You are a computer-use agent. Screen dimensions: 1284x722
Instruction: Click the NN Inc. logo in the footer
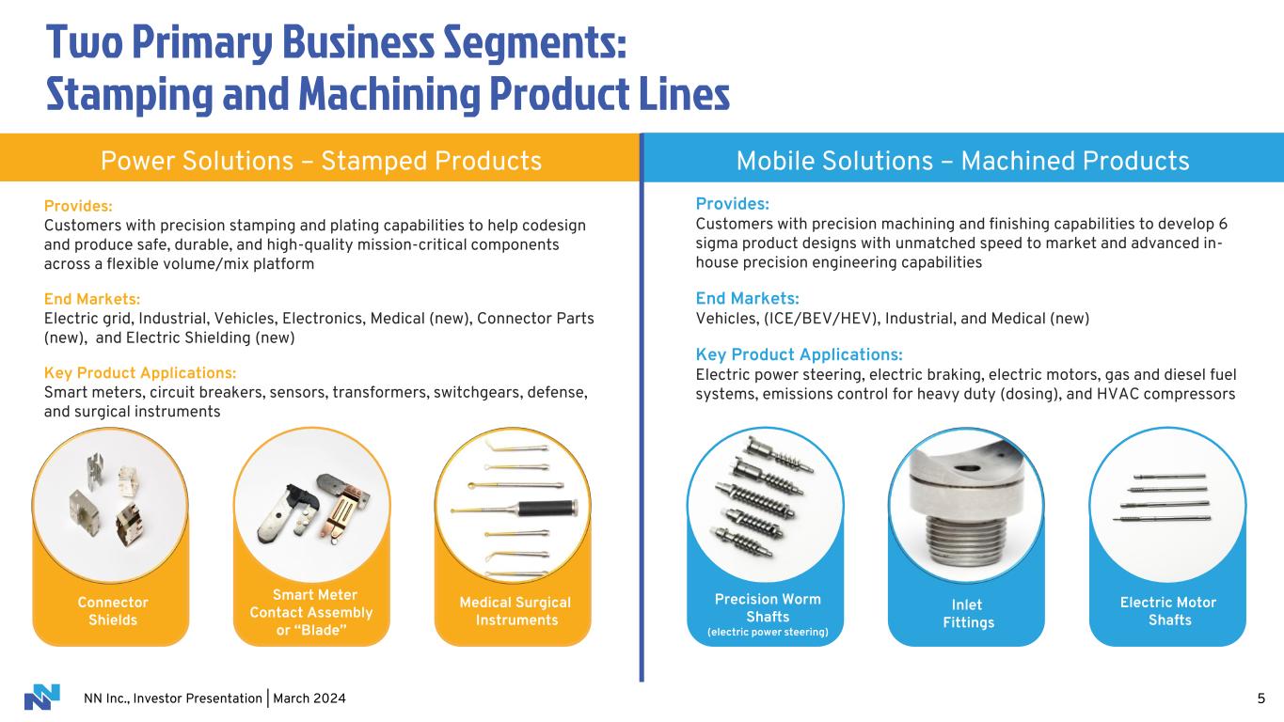(41, 697)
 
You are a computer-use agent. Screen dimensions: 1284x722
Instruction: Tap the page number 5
(1261, 698)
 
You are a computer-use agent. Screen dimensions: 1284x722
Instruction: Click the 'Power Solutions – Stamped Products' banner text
(321, 161)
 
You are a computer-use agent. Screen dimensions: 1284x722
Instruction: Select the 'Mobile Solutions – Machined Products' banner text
(962, 161)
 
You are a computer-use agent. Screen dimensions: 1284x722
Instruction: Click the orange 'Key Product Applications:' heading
(140, 373)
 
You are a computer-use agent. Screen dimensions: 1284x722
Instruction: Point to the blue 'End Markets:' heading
(747, 299)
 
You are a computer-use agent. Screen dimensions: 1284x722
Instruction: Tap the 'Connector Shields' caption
(113, 611)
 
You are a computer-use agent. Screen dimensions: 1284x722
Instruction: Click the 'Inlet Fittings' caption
(968, 613)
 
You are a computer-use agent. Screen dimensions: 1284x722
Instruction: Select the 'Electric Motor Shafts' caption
(1168, 611)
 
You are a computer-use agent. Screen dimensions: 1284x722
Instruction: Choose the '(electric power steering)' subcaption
(768, 632)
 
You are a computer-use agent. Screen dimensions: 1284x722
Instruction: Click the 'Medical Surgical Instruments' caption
(515, 611)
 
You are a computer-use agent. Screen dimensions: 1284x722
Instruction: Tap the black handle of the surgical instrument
(546, 509)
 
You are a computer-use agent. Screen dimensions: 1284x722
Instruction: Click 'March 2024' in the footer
(309, 698)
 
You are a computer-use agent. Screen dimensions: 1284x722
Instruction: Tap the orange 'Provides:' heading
(78, 206)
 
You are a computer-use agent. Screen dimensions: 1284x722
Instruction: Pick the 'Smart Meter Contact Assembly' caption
(311, 604)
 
